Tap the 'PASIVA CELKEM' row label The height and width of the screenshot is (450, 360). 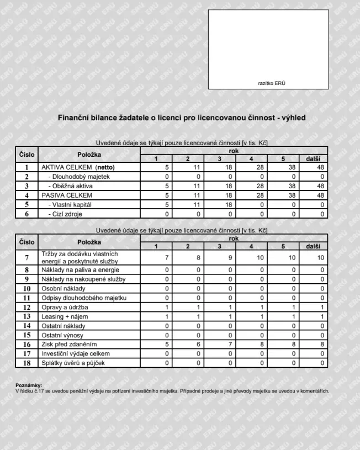tap(66, 195)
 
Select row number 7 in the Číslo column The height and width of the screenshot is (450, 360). tap(27, 257)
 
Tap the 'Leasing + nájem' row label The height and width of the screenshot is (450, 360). tap(65, 317)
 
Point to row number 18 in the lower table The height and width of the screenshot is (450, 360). tap(27, 363)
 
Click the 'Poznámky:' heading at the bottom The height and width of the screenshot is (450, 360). tap(29, 385)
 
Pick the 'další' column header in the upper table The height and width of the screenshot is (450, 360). tap(313, 159)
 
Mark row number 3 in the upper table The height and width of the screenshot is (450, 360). tap(27, 186)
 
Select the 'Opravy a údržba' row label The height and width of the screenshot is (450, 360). tap(65, 308)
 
